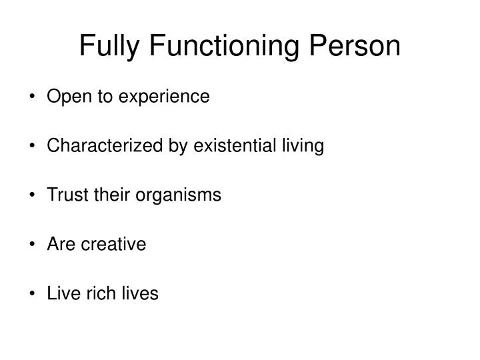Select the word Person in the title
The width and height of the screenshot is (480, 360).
358,46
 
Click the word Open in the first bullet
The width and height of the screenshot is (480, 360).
64,97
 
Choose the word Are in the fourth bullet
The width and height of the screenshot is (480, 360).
59,245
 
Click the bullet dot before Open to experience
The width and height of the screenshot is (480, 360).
33,98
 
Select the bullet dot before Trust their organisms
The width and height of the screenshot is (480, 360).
33,196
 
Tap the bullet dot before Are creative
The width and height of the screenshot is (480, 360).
33,245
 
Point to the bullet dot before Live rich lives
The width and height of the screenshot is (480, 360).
33,294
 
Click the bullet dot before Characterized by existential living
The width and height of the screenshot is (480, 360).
33,147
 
